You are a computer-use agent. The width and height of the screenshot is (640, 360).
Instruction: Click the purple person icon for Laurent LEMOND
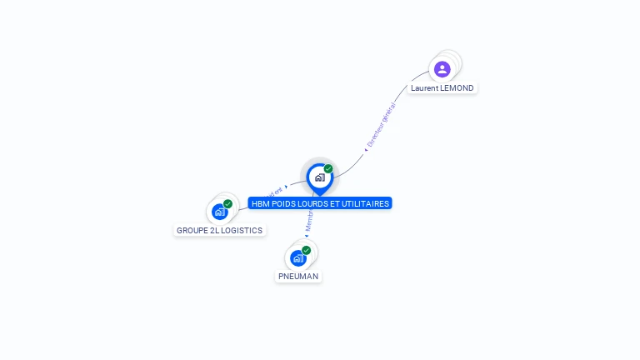(x=442, y=69)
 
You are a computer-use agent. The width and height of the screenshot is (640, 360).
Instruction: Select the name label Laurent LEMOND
(x=442, y=88)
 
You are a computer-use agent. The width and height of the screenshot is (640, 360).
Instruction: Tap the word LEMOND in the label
(x=458, y=88)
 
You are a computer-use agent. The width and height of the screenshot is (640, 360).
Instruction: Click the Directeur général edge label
(x=382, y=124)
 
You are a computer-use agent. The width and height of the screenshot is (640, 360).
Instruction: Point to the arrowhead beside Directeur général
(x=366, y=149)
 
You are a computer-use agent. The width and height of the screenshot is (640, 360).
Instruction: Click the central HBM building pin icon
(x=319, y=177)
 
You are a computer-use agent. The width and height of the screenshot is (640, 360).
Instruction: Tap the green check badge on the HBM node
(x=328, y=168)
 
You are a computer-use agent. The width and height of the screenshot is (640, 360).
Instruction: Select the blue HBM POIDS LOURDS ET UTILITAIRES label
(x=320, y=203)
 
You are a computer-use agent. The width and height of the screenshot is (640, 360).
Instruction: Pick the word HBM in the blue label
(x=260, y=203)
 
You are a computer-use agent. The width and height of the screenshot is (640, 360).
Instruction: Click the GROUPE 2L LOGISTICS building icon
(x=219, y=212)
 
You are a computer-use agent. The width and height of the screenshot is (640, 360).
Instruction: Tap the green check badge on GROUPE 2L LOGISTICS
(x=227, y=204)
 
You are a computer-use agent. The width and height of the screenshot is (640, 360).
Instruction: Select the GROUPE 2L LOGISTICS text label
(x=219, y=230)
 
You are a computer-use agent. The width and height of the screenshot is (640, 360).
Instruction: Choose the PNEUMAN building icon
(x=297, y=258)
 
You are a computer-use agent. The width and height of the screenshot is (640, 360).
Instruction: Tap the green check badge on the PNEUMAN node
(x=306, y=250)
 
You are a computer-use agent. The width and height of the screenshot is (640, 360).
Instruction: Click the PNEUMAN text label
(x=298, y=276)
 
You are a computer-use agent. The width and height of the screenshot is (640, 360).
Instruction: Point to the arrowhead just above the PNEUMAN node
(x=306, y=236)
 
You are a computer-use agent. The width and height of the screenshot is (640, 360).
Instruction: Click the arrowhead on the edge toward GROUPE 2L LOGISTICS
(x=286, y=187)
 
